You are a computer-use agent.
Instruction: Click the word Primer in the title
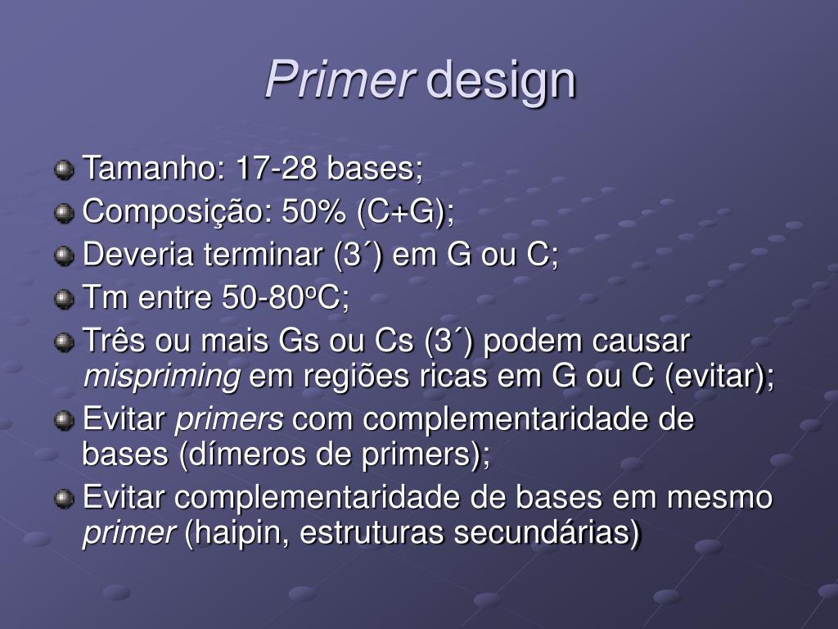340,80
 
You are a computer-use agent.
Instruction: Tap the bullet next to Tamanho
64,171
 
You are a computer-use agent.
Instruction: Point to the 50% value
314,212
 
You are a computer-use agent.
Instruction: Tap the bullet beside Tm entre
64,299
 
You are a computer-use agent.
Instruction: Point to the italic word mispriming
162,377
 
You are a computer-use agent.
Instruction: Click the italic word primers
230,419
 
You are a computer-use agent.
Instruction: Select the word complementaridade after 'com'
507,419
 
